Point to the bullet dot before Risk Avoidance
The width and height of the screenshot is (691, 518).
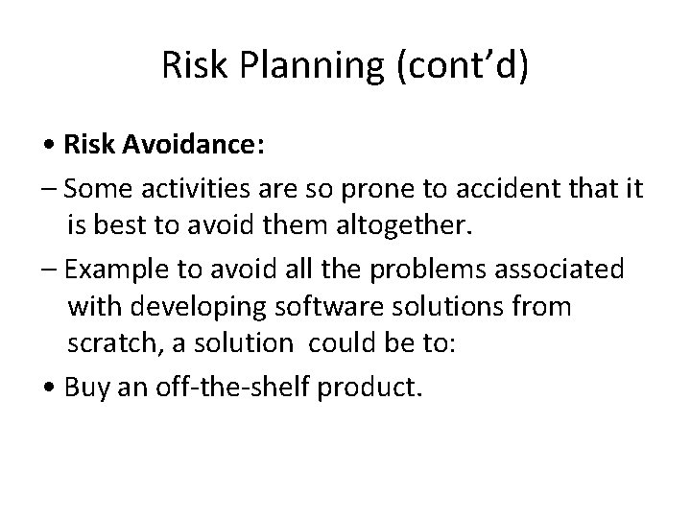click(x=50, y=147)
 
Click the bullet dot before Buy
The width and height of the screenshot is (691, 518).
click(x=50, y=388)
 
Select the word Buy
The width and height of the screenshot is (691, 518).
click(x=86, y=388)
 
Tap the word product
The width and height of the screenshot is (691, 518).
click(x=373, y=388)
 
